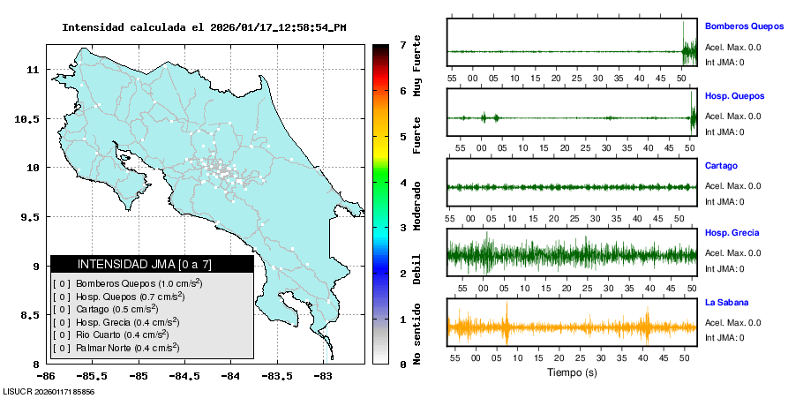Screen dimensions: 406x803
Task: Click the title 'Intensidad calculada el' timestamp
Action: click(204, 27)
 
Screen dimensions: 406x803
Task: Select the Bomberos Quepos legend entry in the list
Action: click(127, 283)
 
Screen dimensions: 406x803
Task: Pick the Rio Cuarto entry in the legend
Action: click(111, 335)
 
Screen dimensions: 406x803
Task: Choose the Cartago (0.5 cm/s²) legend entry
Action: click(111, 309)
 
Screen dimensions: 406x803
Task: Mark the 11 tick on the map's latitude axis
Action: click(36, 69)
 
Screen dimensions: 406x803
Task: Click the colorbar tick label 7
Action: click(402, 44)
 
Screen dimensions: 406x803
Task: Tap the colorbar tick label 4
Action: click(402, 183)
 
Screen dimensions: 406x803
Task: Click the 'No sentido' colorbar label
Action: click(419, 335)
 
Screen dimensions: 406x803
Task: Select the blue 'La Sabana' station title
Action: click(727, 302)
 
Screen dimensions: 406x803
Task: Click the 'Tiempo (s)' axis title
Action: click(573, 373)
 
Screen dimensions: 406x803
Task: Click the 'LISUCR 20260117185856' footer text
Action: click(49, 391)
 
